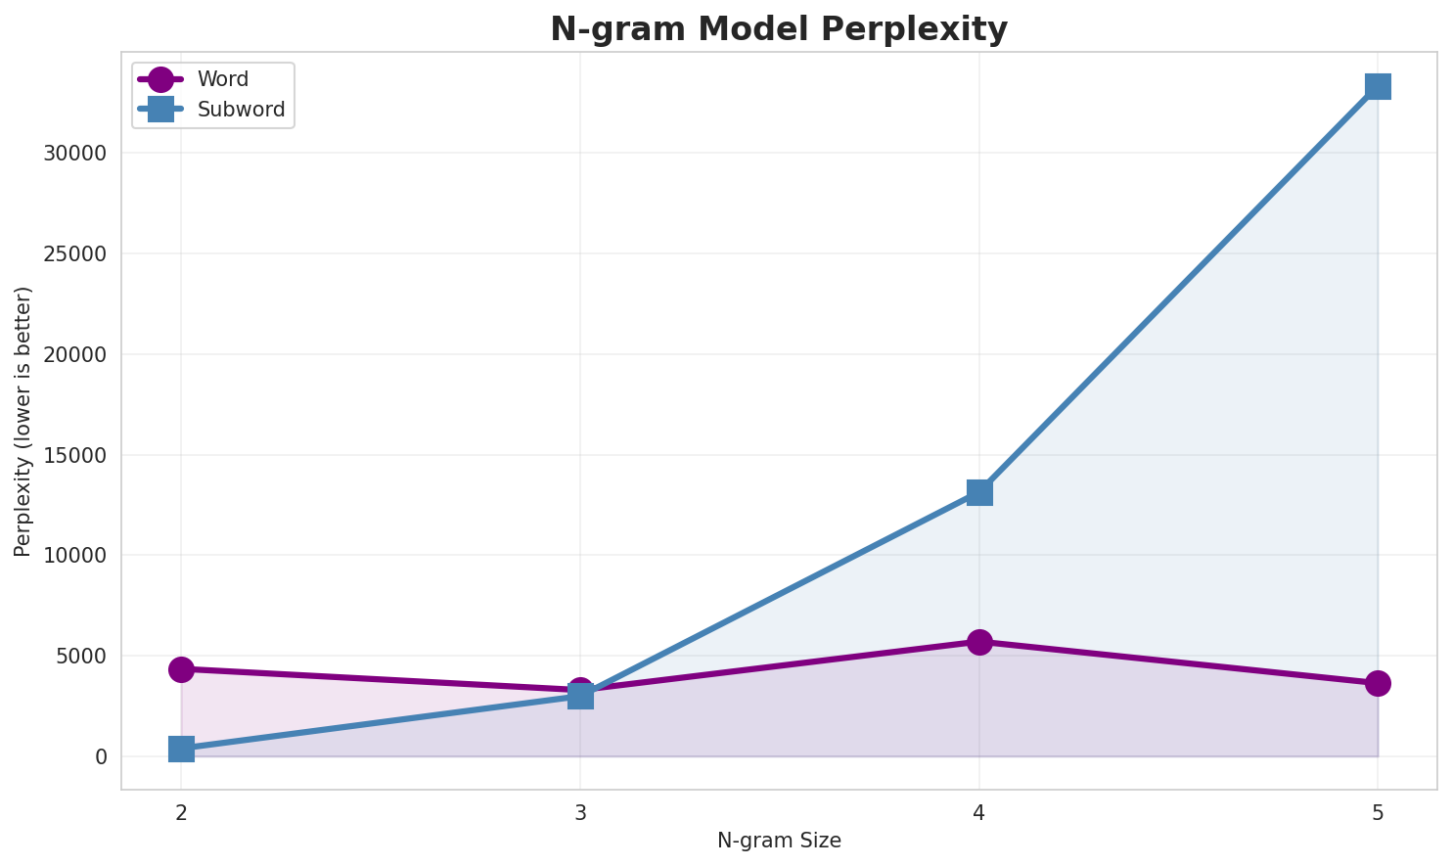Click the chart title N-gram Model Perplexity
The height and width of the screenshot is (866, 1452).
point(778,29)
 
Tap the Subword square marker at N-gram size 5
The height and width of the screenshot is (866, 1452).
point(1378,86)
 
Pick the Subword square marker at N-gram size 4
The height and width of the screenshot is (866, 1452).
point(979,492)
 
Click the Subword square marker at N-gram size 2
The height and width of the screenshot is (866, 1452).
point(181,749)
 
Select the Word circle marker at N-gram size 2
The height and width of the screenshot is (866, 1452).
point(181,669)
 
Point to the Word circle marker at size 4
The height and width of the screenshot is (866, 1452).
point(979,642)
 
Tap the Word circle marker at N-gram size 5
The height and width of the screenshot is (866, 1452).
point(1378,683)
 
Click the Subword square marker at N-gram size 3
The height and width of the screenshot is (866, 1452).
point(580,696)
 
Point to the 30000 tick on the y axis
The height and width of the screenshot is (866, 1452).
point(75,154)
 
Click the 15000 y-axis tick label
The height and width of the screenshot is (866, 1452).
point(75,455)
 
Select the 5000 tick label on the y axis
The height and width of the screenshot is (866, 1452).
point(81,657)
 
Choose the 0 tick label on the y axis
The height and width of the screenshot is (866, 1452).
point(101,756)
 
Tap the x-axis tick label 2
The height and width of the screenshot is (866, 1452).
point(181,812)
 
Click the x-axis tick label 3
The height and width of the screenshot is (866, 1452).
point(580,812)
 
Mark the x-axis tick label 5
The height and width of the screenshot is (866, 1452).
point(1378,812)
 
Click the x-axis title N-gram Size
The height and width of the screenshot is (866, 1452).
point(779,841)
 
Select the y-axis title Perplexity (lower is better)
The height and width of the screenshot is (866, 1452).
point(23,421)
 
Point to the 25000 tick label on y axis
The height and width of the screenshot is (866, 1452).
point(75,254)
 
